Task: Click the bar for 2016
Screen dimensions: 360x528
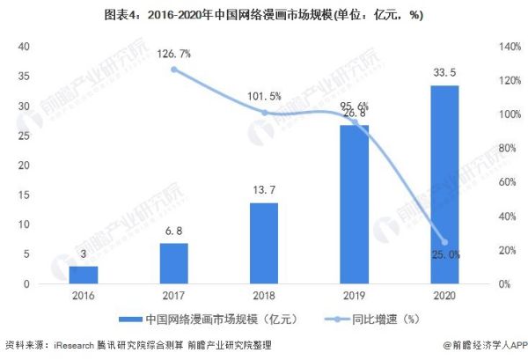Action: pyautogui.click(x=84, y=275)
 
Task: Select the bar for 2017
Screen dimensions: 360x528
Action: pyautogui.click(x=174, y=263)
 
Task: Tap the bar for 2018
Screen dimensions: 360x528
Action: pyautogui.click(x=264, y=243)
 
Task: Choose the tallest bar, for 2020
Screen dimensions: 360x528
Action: pyautogui.click(x=444, y=184)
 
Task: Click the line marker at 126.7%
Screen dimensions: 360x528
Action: pyautogui.click(x=174, y=69)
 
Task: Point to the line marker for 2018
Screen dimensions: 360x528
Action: pyautogui.click(x=264, y=112)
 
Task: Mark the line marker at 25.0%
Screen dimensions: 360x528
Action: pyautogui.click(x=444, y=242)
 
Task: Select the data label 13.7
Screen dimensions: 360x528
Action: pyautogui.click(x=264, y=191)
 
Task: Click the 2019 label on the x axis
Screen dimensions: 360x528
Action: pyautogui.click(x=354, y=298)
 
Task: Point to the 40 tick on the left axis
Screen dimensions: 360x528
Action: pyautogui.click(x=25, y=46)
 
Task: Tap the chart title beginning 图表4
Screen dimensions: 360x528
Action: pyautogui.click(x=264, y=12)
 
